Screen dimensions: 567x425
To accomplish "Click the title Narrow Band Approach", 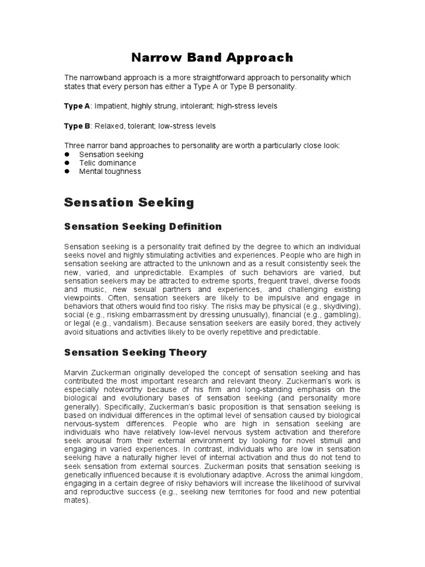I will point(212,58).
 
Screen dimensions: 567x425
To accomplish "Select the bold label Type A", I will point(76,105).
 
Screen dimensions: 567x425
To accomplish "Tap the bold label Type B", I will point(76,126).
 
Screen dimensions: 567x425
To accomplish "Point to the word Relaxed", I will point(110,126).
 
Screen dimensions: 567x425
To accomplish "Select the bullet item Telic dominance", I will point(107,163).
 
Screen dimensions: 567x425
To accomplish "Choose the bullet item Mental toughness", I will point(110,171).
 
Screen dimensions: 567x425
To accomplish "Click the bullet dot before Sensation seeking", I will point(67,154).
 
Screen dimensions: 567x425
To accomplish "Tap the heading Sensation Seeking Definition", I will point(143,226).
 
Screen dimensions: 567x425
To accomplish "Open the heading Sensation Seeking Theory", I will point(136,352).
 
